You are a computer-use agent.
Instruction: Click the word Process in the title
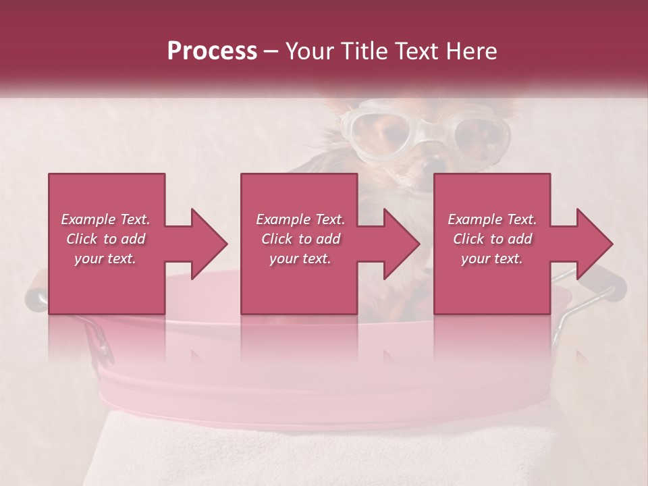(x=212, y=51)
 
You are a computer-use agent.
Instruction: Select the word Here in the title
(x=472, y=51)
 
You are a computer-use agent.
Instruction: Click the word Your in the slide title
(x=310, y=51)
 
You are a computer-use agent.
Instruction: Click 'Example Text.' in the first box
(x=105, y=219)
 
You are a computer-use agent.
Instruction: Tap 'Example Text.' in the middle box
(x=300, y=219)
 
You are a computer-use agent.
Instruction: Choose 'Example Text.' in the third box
(x=492, y=219)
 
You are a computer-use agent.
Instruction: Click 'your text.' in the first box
(x=105, y=259)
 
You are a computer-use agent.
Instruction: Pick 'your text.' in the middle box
(x=300, y=259)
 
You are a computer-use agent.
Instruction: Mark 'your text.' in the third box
(x=492, y=259)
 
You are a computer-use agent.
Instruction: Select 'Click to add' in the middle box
(x=300, y=239)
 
